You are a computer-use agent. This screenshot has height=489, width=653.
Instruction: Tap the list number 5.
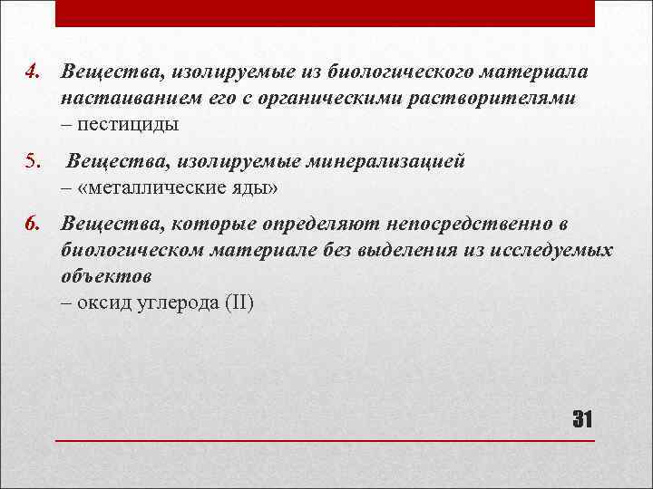click(30, 162)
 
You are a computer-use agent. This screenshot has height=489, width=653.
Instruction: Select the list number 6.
click(30, 224)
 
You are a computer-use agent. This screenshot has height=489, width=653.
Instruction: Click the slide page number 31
click(581, 419)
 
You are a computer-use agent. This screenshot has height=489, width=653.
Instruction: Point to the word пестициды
click(129, 123)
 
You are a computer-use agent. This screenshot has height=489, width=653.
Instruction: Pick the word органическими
click(324, 98)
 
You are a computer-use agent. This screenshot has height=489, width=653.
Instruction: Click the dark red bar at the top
click(326, 13)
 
